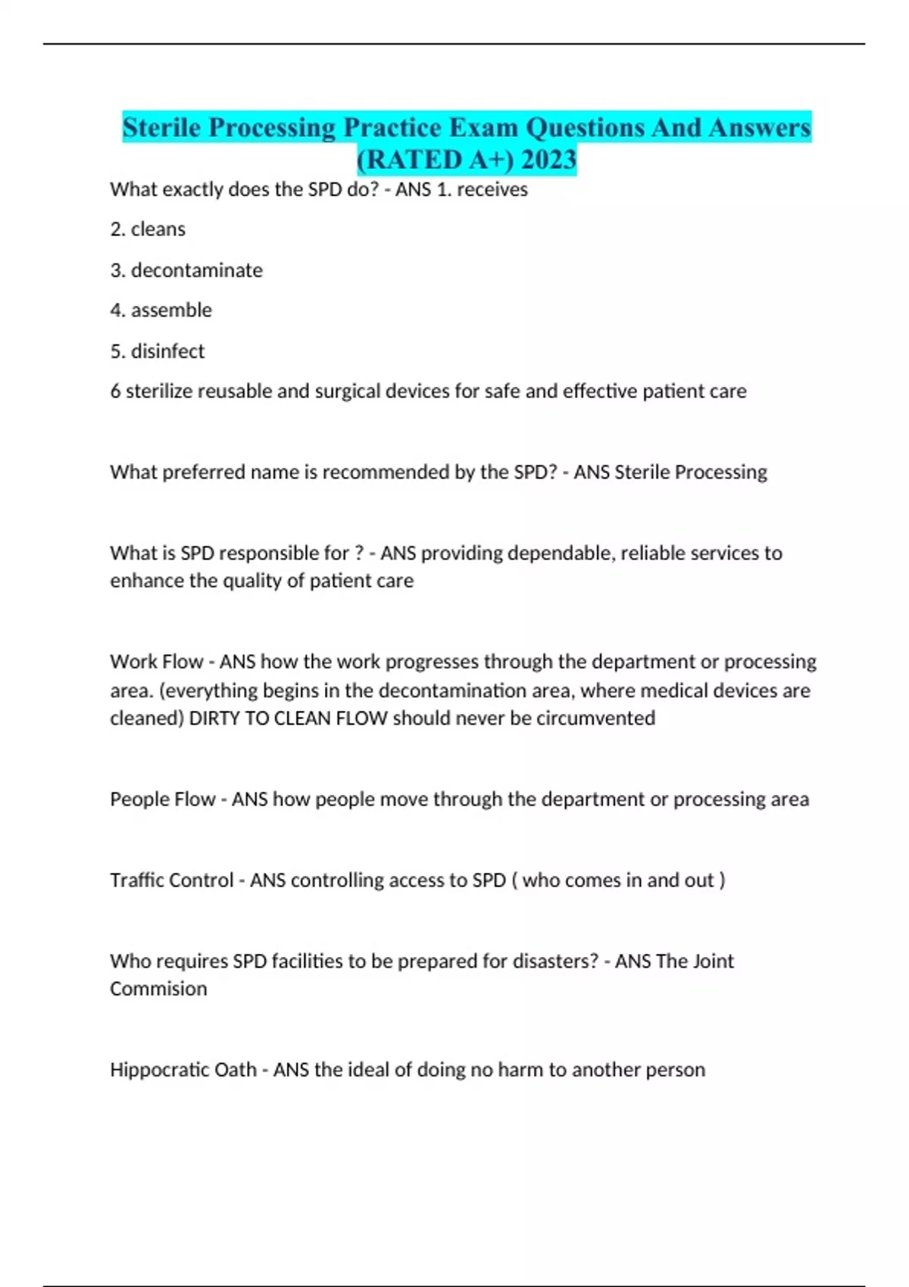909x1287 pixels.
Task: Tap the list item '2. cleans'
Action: coord(148,229)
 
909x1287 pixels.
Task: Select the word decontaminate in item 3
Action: coord(196,270)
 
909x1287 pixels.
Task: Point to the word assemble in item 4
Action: coord(171,310)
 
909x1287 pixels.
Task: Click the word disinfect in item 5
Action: coord(167,351)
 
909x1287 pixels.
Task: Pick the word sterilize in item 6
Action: coord(161,391)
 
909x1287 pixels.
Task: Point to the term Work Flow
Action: coord(157,661)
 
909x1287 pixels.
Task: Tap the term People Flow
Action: coord(162,799)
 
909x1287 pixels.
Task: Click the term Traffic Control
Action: coord(171,880)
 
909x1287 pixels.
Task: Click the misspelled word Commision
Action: coord(158,989)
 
